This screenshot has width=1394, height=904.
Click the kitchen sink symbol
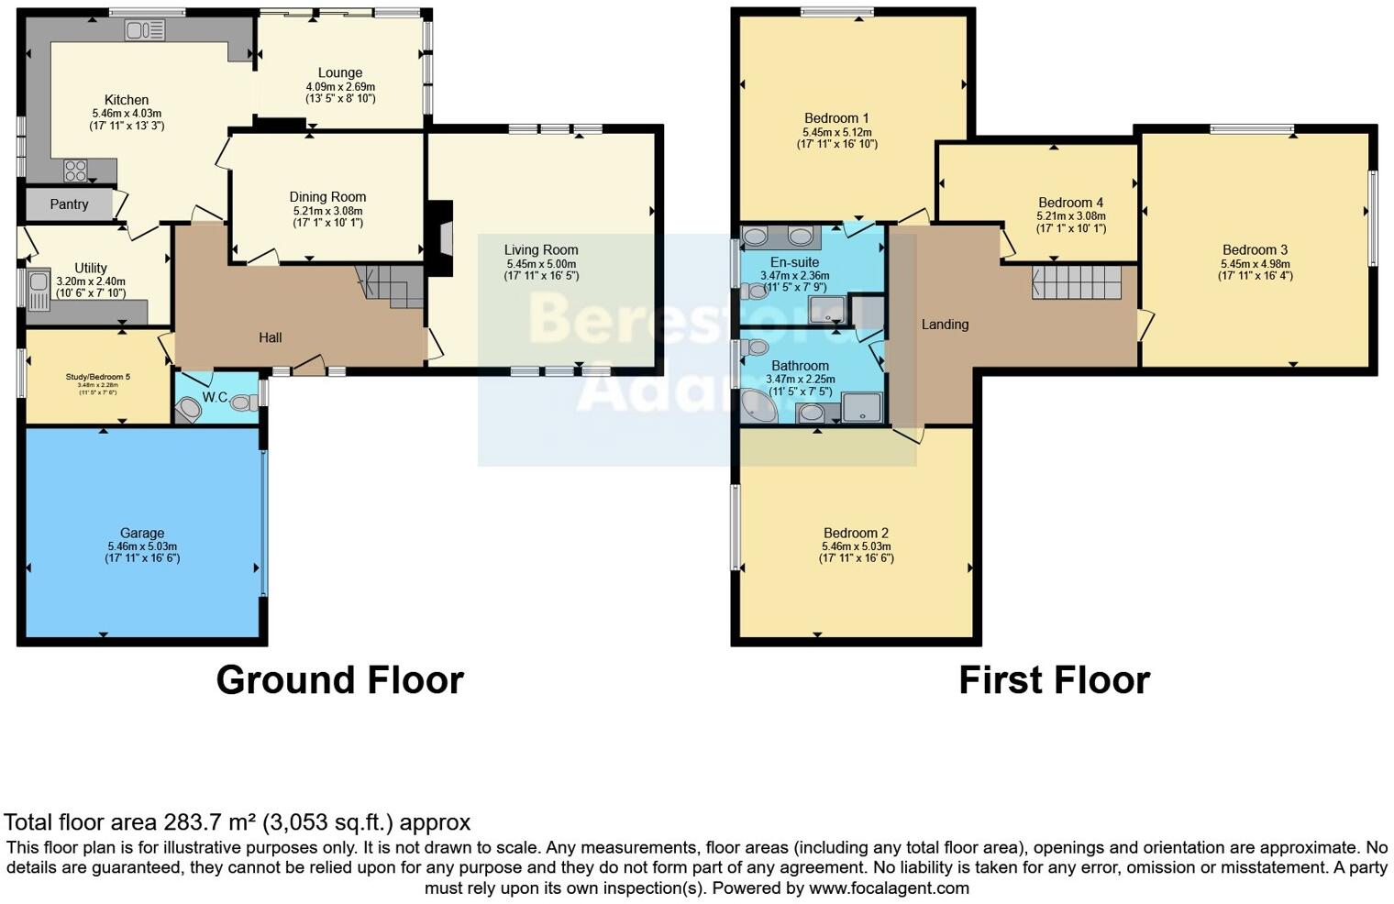pyautogui.click(x=145, y=31)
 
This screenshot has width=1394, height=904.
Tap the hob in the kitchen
pyautogui.click(x=75, y=171)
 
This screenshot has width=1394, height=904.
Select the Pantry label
pyautogui.click(x=69, y=204)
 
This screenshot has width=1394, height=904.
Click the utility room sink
pyautogui.click(x=39, y=291)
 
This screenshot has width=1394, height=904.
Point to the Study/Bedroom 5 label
pyautogui.click(x=98, y=377)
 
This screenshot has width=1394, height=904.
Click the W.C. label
pyautogui.click(x=215, y=397)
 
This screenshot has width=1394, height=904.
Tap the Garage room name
pyautogui.click(x=142, y=533)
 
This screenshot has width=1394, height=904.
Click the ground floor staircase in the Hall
pyautogui.click(x=389, y=285)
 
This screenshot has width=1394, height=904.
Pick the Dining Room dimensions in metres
pyautogui.click(x=327, y=211)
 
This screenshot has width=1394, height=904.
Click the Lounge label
pyautogui.click(x=340, y=72)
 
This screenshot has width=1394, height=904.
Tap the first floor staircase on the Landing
pyautogui.click(x=1077, y=282)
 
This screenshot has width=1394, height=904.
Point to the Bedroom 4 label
pyautogui.click(x=1070, y=203)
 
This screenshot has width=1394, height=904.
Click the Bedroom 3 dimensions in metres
pyautogui.click(x=1255, y=264)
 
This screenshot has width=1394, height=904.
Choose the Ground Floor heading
pyautogui.click(x=339, y=680)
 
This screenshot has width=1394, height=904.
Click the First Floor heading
pyautogui.click(x=1054, y=680)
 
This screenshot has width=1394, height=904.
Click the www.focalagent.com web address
pyautogui.click(x=889, y=887)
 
